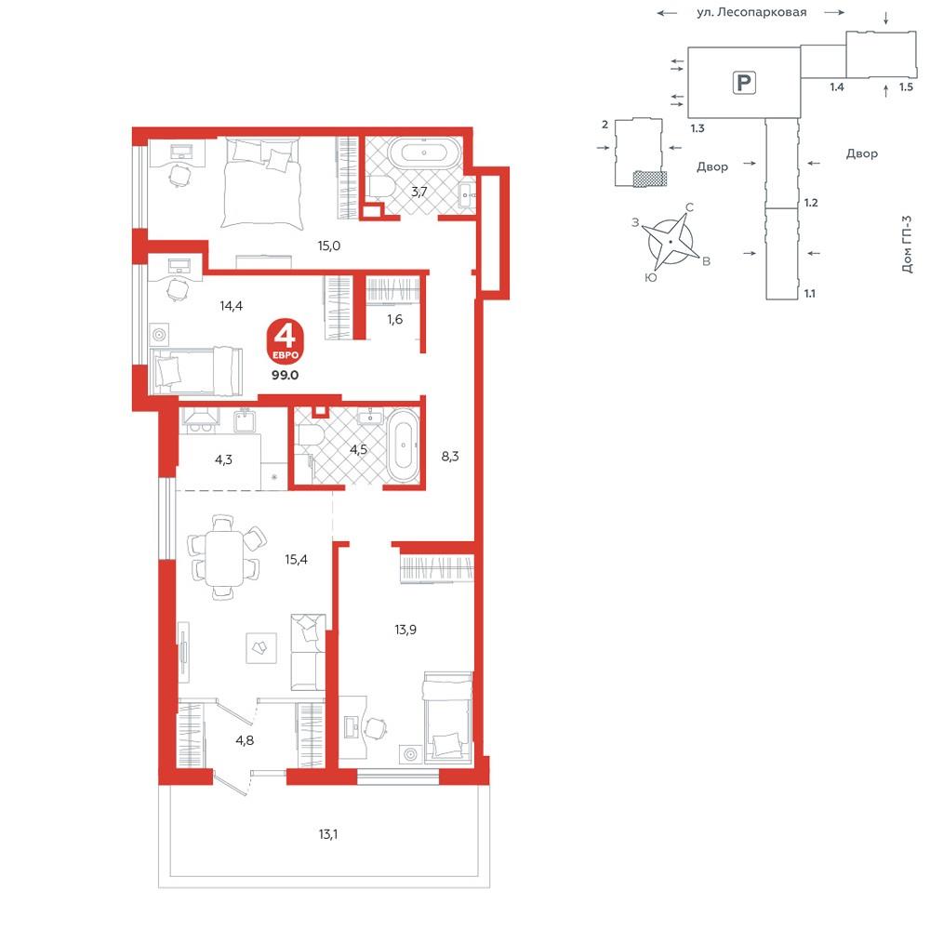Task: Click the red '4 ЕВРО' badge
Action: tap(285, 342)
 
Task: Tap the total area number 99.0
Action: tap(285, 376)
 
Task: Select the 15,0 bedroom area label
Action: tap(328, 246)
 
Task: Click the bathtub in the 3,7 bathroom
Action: tap(424, 153)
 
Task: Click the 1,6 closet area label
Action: tap(395, 320)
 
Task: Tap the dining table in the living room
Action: tap(224, 558)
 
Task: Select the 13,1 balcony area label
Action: tap(328, 834)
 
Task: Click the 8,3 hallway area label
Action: tap(450, 456)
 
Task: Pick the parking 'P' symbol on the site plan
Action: tap(744, 83)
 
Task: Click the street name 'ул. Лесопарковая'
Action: tap(751, 12)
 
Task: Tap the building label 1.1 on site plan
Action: tap(810, 293)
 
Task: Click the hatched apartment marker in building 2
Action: tap(650, 179)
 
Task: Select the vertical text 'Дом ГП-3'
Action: tap(907, 244)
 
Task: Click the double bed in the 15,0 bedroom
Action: tap(261, 182)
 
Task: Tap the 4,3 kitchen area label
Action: tap(223, 459)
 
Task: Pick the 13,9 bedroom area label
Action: tap(405, 630)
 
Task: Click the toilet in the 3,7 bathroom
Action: tap(379, 186)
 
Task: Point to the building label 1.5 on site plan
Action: tap(906, 86)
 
